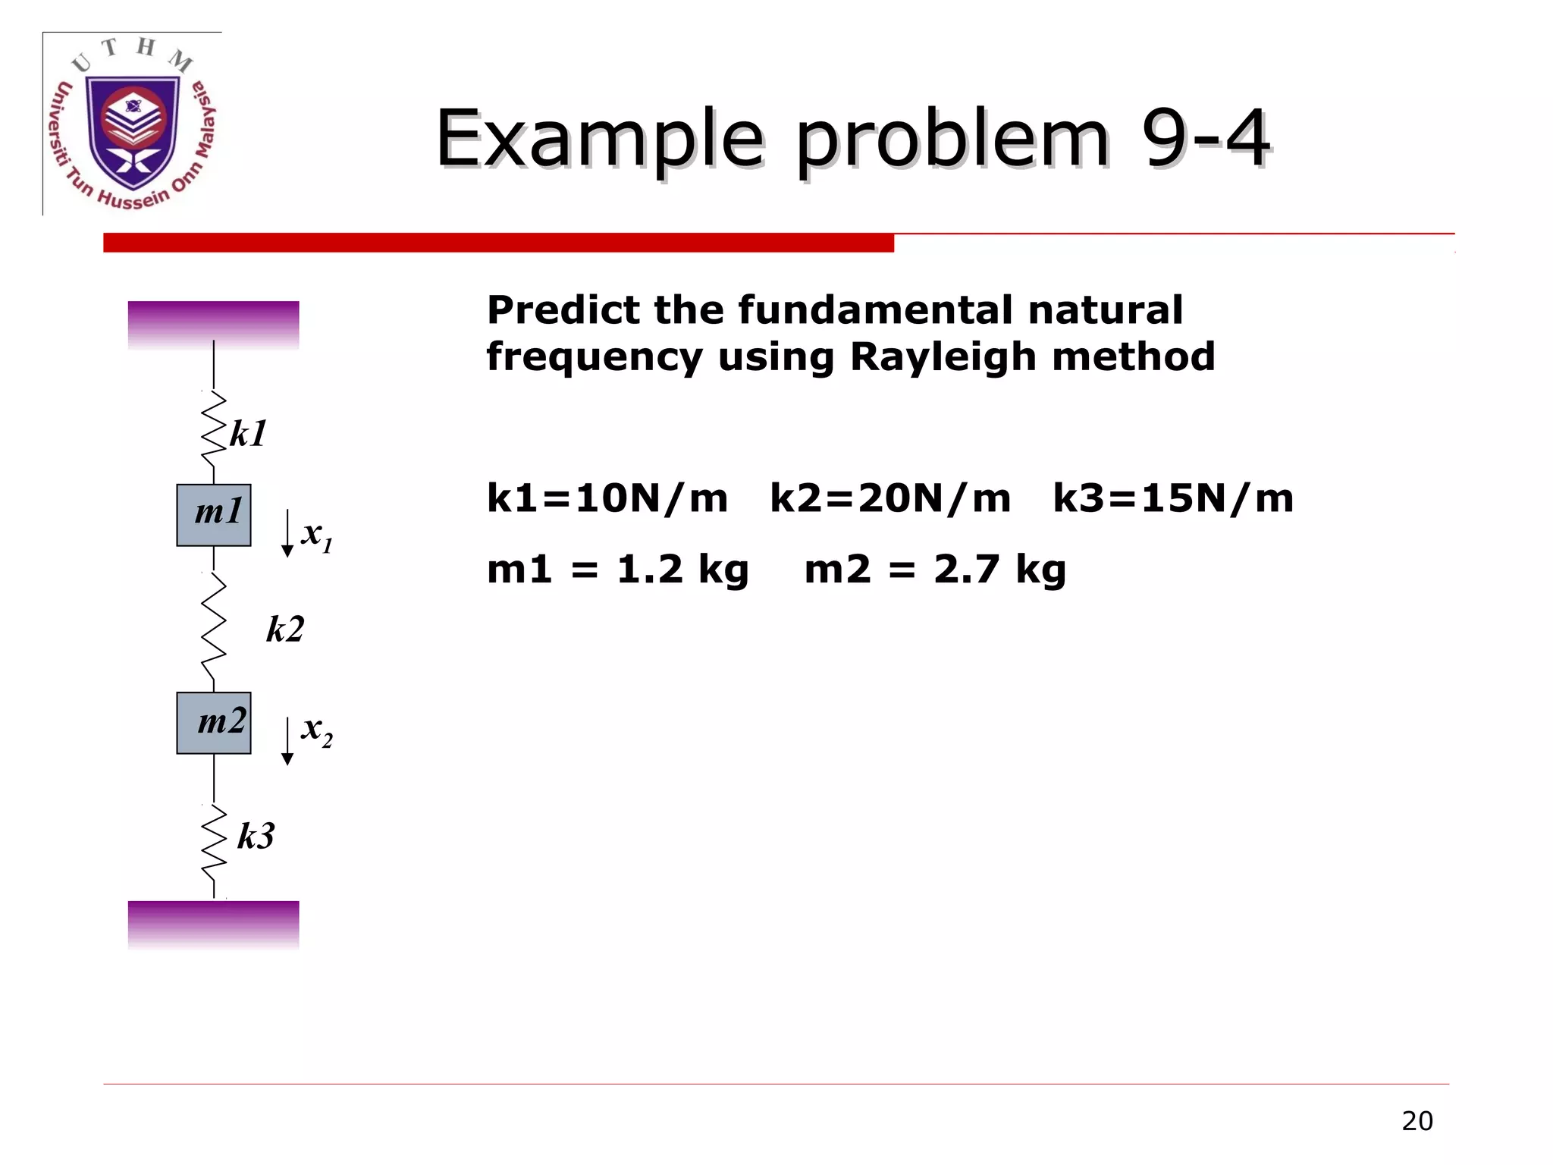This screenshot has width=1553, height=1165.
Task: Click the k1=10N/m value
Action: (x=607, y=499)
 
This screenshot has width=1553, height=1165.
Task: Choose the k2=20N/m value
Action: (x=890, y=499)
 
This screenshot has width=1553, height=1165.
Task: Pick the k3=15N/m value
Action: (x=1173, y=499)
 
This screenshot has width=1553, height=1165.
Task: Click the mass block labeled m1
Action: (x=214, y=515)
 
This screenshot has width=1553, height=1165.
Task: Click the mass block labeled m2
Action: (x=214, y=723)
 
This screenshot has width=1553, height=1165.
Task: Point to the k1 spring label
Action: (x=248, y=435)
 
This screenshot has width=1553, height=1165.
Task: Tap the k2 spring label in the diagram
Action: (x=285, y=630)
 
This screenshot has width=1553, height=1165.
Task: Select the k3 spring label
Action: (x=256, y=836)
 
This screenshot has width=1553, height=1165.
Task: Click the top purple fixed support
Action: (x=213, y=325)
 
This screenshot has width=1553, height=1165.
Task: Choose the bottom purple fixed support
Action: (x=213, y=924)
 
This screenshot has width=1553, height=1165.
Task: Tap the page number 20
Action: (x=1417, y=1121)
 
